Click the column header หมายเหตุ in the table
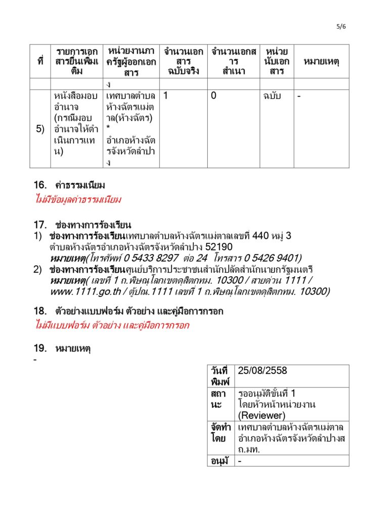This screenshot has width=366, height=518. pyautogui.click(x=321, y=61)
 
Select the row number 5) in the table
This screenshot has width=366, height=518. pyautogui.click(x=40, y=129)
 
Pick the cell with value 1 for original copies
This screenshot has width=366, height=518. pyautogui.click(x=166, y=96)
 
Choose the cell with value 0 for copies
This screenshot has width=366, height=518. pyautogui.click(x=214, y=96)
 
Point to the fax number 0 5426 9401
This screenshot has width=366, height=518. pyautogui.click(x=269, y=258)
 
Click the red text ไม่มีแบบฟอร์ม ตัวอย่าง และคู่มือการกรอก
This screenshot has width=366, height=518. pyautogui.click(x=112, y=325)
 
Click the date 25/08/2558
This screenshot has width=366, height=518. pyautogui.click(x=262, y=371)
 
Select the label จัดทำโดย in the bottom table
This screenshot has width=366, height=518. pyautogui.click(x=221, y=433)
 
